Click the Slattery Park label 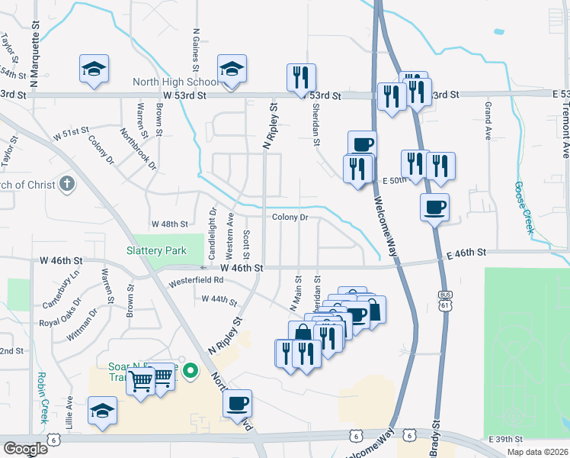pos(156,250)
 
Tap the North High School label pos(175,82)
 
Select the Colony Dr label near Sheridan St pos(290,218)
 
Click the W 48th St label pos(169,224)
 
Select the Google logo pos(25,449)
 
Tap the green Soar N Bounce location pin pos(192,373)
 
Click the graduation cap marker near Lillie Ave pos(102,410)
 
